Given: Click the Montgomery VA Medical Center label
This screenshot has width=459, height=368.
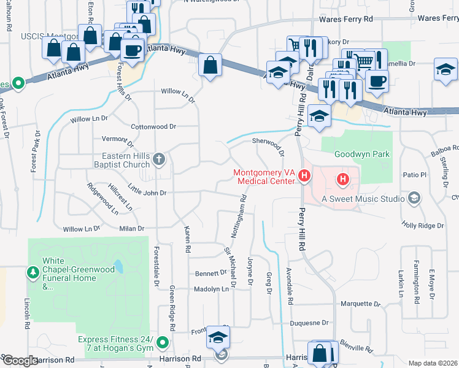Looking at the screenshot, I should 264,177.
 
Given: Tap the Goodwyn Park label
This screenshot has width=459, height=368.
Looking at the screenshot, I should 361,155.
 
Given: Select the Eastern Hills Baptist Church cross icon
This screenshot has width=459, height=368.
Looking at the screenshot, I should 159,160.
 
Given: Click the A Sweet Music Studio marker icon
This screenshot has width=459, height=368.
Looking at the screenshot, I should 414,197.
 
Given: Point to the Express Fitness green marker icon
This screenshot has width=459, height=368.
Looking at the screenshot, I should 163,342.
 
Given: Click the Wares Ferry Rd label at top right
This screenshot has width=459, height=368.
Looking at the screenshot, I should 438,19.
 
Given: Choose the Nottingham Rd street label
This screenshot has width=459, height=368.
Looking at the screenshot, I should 243,210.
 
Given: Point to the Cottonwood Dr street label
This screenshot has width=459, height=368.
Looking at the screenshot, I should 153,126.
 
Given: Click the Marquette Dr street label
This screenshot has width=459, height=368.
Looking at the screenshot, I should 360,304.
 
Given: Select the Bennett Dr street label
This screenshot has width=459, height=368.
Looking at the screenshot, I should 211,273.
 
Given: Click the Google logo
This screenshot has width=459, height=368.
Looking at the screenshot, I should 20,361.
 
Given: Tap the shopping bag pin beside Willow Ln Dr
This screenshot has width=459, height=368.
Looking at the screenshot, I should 210,66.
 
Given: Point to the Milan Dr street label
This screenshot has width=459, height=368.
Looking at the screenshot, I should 131,229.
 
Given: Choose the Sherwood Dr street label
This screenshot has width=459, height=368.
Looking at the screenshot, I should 268,144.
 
